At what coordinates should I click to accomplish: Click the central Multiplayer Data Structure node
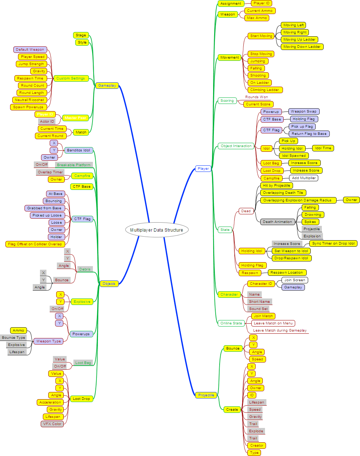click(x=157, y=230)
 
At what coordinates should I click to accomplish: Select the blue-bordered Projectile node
click(x=206, y=395)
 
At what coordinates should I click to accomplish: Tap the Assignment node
click(x=231, y=4)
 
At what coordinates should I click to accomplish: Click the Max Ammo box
click(x=257, y=18)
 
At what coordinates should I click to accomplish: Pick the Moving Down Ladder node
click(x=302, y=47)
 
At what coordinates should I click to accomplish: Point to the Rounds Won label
click(x=256, y=97)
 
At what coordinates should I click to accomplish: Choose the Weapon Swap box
click(x=303, y=111)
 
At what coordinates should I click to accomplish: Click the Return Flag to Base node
click(x=309, y=134)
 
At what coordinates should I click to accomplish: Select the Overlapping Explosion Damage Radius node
click(x=297, y=200)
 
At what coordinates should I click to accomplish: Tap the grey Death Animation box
click(x=277, y=222)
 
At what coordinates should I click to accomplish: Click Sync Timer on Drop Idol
click(x=333, y=243)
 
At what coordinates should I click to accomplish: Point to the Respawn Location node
click(x=287, y=273)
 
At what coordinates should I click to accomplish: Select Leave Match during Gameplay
click(x=280, y=330)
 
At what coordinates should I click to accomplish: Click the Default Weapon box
click(x=30, y=50)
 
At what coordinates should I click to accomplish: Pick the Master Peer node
click(x=75, y=118)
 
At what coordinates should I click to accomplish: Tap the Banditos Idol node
click(x=78, y=150)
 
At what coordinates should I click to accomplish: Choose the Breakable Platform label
click(x=74, y=165)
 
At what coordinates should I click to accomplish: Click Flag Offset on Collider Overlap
click(x=35, y=244)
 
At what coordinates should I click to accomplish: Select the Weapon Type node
click(x=49, y=341)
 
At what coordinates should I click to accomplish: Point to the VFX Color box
click(x=52, y=424)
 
